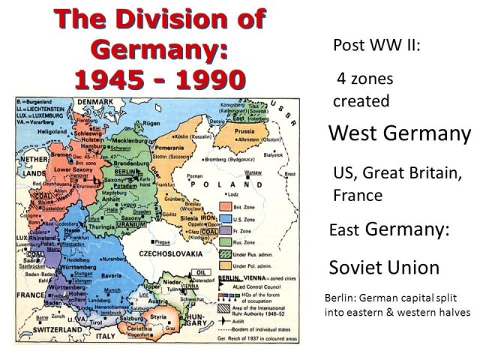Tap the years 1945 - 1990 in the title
(159, 77)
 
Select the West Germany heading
(400, 134)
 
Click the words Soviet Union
(383, 267)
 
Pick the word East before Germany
(345, 230)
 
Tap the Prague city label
(164, 241)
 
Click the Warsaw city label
(253, 172)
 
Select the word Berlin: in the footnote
(339, 298)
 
